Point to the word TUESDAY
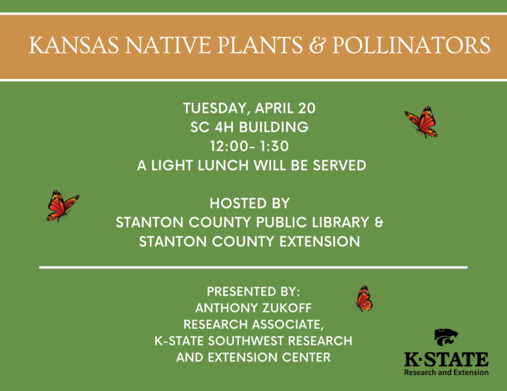click(214, 108)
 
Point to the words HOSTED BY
click(250, 204)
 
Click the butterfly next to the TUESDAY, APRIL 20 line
click(422, 122)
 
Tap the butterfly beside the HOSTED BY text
click(62, 205)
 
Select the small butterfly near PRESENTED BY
click(364, 299)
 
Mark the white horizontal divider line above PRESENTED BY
click(253, 267)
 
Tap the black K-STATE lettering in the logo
click(446, 359)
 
